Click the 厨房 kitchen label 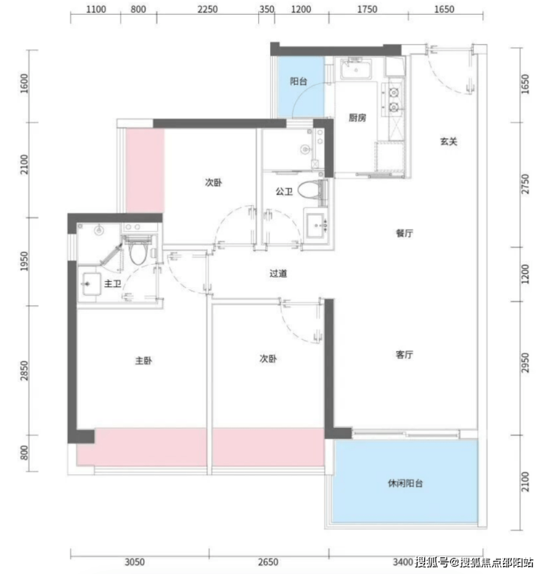click(x=357, y=117)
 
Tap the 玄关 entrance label click(x=449, y=142)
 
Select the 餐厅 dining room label click(x=404, y=233)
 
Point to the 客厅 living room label click(x=404, y=354)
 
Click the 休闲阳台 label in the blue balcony click(x=405, y=483)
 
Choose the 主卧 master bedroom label click(x=143, y=361)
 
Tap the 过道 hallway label click(x=278, y=273)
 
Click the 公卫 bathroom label click(x=284, y=191)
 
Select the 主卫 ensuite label click(x=112, y=283)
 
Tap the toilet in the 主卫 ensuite click(x=138, y=251)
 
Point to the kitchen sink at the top click(x=356, y=69)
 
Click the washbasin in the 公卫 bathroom click(x=317, y=226)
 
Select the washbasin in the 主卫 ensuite click(x=91, y=284)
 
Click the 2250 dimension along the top click(x=207, y=9)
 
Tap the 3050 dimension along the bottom click(x=134, y=561)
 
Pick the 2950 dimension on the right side click(x=525, y=363)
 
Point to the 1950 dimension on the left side click(x=24, y=261)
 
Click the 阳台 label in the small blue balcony click(x=298, y=81)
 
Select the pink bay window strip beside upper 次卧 click(x=145, y=170)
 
